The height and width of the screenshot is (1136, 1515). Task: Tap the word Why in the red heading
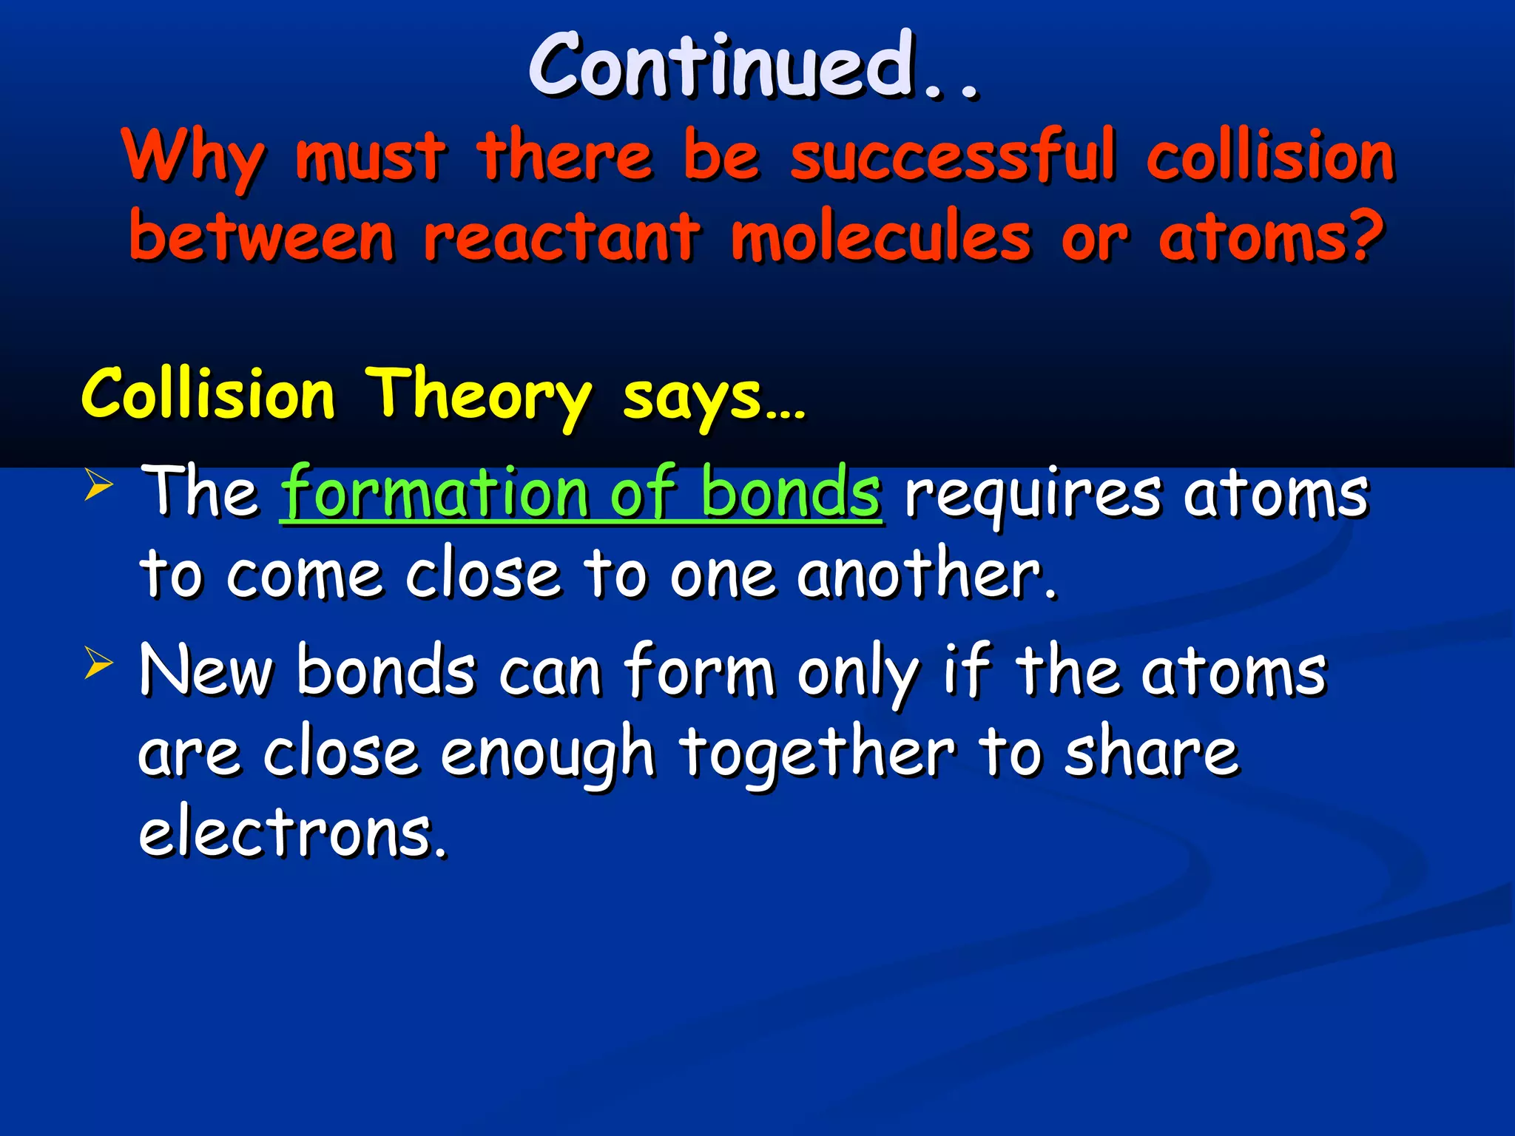pyautogui.click(x=194, y=157)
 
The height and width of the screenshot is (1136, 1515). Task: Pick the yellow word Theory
pyautogui.click(x=479, y=395)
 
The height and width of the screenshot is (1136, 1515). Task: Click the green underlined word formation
pyautogui.click(x=436, y=493)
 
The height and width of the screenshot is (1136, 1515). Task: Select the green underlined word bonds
pyautogui.click(x=790, y=491)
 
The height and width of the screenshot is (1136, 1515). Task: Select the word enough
pyautogui.click(x=547, y=754)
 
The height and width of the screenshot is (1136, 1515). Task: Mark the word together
pyautogui.click(x=817, y=754)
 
